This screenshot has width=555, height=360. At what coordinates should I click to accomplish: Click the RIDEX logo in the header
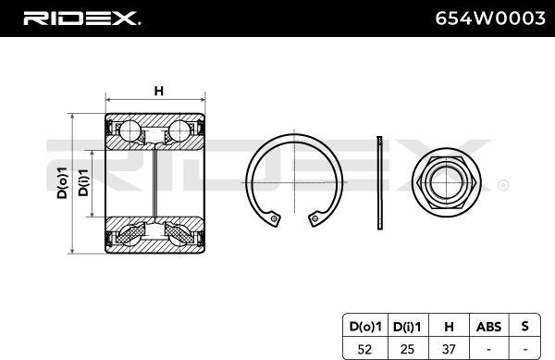(x=82, y=19)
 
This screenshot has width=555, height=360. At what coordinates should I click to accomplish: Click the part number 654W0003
(x=490, y=19)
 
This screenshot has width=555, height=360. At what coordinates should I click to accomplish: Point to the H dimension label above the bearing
(x=159, y=91)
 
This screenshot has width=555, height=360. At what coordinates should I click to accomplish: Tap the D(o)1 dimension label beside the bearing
(x=62, y=182)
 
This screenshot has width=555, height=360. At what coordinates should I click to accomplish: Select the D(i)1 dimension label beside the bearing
(x=83, y=182)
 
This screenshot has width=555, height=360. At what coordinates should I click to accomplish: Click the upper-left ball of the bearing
(x=129, y=130)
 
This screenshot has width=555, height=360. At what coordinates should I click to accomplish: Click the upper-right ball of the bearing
(x=179, y=130)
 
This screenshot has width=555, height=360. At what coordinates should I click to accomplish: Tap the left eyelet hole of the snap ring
(x=274, y=218)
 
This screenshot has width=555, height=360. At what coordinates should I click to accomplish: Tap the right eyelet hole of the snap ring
(x=314, y=218)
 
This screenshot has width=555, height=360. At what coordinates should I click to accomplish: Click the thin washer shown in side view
(x=379, y=182)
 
